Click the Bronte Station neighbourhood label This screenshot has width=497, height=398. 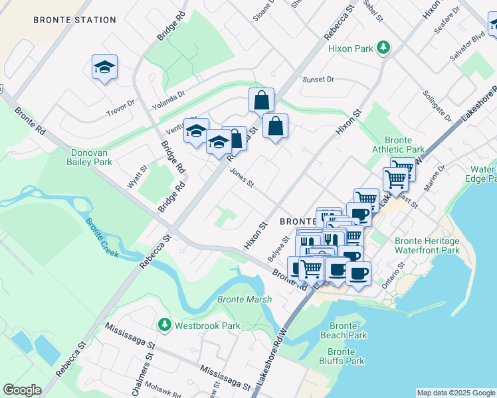point(75,20)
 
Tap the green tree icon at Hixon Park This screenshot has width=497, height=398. point(383,48)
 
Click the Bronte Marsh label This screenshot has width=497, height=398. point(244,300)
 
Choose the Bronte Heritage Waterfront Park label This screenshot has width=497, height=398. point(427,245)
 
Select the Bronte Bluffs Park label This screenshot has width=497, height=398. point(346,356)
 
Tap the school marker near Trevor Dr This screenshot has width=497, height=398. point(104,67)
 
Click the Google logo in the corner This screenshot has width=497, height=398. point(22,390)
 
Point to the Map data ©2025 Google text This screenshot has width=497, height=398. point(455,393)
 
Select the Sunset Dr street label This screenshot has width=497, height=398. point(318,80)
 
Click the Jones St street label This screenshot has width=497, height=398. point(242,177)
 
